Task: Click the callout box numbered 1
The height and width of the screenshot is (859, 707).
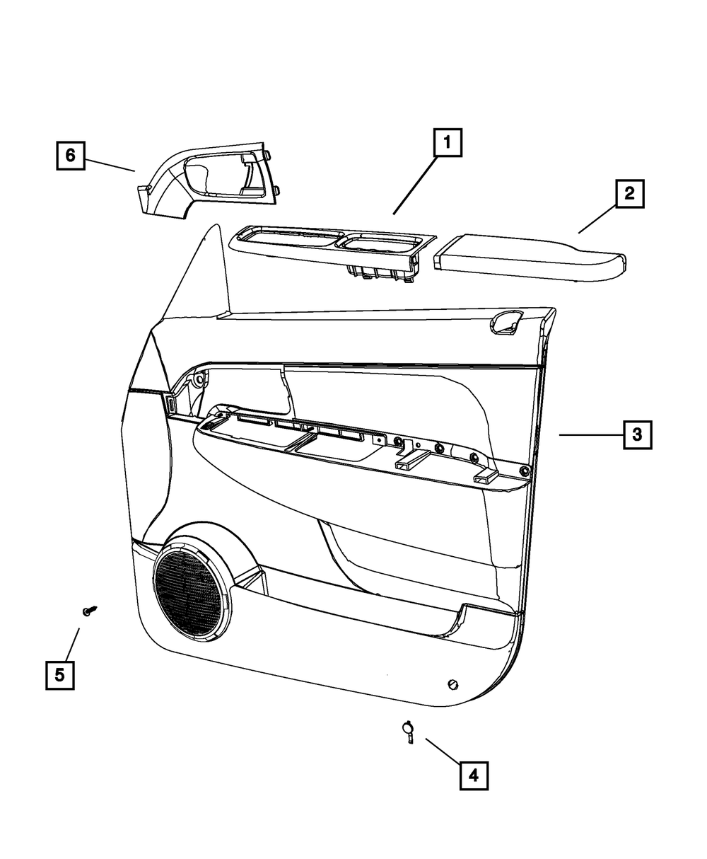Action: click(448, 144)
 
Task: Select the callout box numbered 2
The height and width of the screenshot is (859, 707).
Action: click(629, 192)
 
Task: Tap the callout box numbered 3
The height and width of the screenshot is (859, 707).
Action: click(637, 435)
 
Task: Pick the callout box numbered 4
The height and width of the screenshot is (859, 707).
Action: click(474, 776)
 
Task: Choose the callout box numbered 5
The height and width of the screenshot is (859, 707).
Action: click(60, 674)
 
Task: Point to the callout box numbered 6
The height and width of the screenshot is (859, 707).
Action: click(70, 155)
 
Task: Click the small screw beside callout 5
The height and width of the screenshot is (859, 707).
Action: click(89, 611)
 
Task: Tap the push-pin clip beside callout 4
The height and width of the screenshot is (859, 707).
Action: click(409, 730)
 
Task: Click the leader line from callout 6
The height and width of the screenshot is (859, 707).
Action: click(110, 163)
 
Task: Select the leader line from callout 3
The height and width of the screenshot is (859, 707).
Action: click(590, 435)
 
